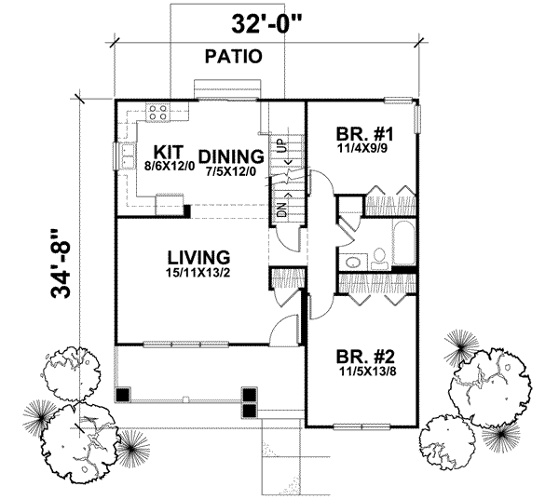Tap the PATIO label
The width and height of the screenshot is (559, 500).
point(232,57)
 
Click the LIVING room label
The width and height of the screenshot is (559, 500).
point(198,256)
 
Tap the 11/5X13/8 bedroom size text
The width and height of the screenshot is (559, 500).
point(363,371)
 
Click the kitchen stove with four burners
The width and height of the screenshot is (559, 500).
point(157,112)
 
